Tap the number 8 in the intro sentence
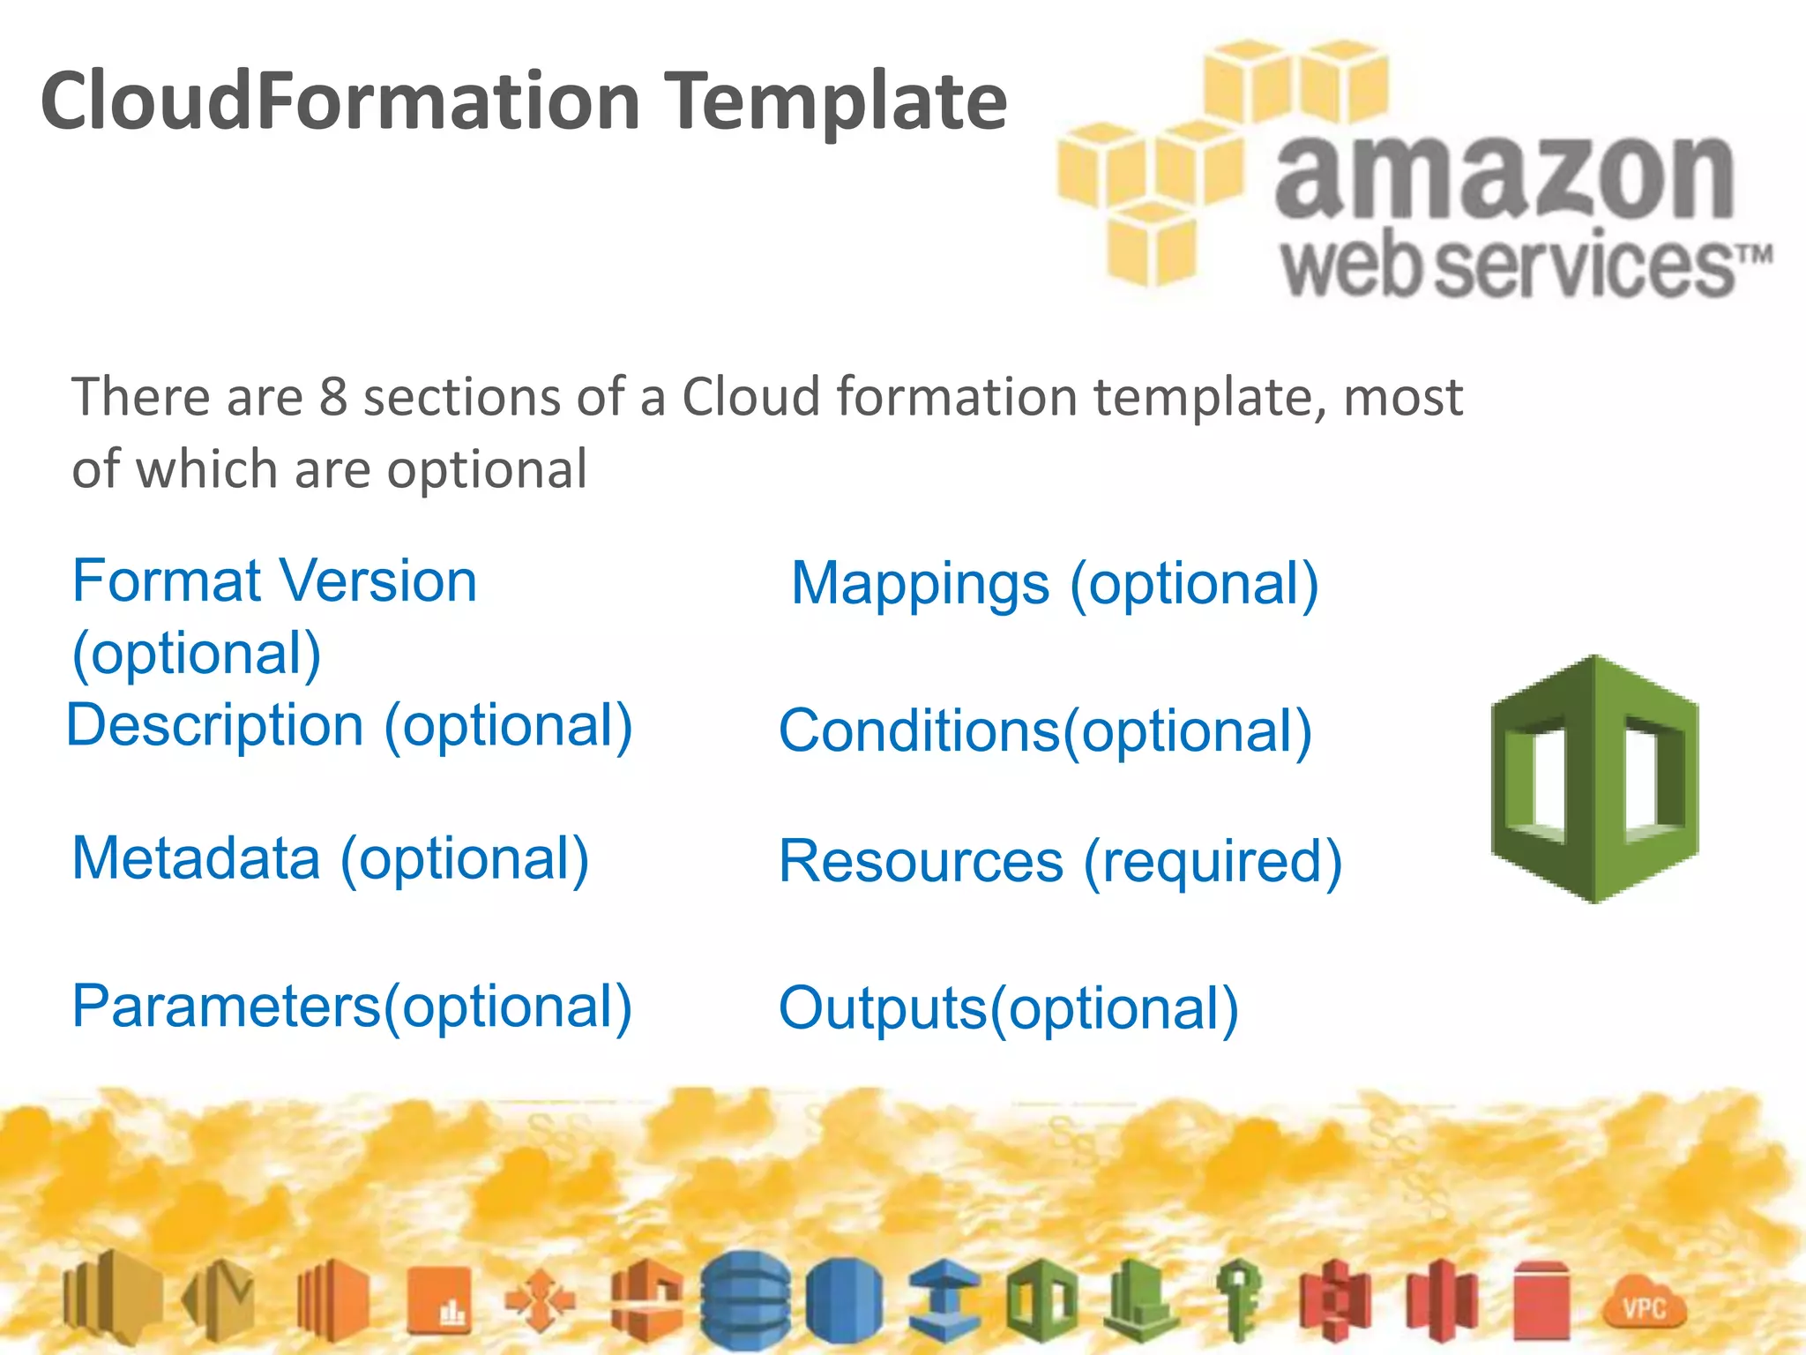tap(332, 396)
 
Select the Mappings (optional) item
tap(1055, 584)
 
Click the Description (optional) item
tap(350, 726)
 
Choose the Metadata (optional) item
tap(331, 858)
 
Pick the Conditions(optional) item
tap(1045, 731)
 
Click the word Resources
tap(922, 861)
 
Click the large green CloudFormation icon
tap(1594, 779)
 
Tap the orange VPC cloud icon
tap(1644, 1306)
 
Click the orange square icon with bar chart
tap(438, 1301)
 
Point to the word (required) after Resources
tap(1213, 861)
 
